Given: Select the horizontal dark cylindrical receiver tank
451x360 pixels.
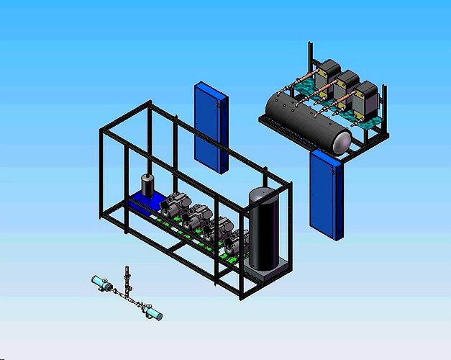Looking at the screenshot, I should click(x=302, y=119).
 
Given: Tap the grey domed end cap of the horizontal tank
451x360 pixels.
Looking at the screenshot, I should click(x=340, y=141).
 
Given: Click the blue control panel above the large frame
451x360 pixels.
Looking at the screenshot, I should click(x=210, y=126).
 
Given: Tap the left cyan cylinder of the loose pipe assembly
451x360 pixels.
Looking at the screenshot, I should click(x=99, y=282).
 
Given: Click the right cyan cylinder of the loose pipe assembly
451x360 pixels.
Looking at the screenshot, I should click(x=152, y=312).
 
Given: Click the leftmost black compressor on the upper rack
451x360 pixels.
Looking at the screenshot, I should click(x=329, y=72).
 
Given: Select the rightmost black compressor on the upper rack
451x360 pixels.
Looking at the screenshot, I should click(x=365, y=99).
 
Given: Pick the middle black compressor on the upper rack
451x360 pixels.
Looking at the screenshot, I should click(x=347, y=85).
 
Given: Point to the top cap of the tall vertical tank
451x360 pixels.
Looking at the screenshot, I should click(x=261, y=195).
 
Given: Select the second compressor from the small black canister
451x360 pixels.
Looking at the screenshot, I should click(x=196, y=217).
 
